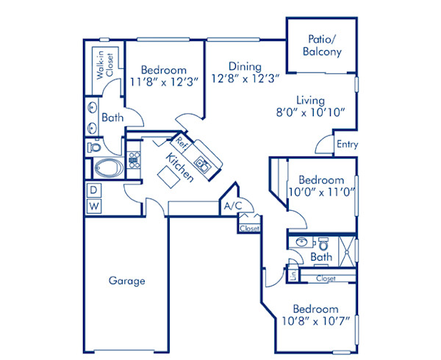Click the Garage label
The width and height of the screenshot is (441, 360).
click(127, 281)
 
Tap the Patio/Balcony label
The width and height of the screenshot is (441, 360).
click(322, 46)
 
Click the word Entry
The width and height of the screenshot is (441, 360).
click(347, 145)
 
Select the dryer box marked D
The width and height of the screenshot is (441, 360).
click(94, 190)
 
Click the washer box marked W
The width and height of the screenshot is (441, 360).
click(94, 206)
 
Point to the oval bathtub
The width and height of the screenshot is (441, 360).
click(109, 168)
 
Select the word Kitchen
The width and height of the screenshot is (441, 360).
click(179, 168)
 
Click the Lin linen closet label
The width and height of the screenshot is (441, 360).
click(293, 277)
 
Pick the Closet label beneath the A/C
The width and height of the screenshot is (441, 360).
click(249, 228)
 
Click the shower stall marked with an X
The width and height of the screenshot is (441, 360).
click(344, 248)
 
